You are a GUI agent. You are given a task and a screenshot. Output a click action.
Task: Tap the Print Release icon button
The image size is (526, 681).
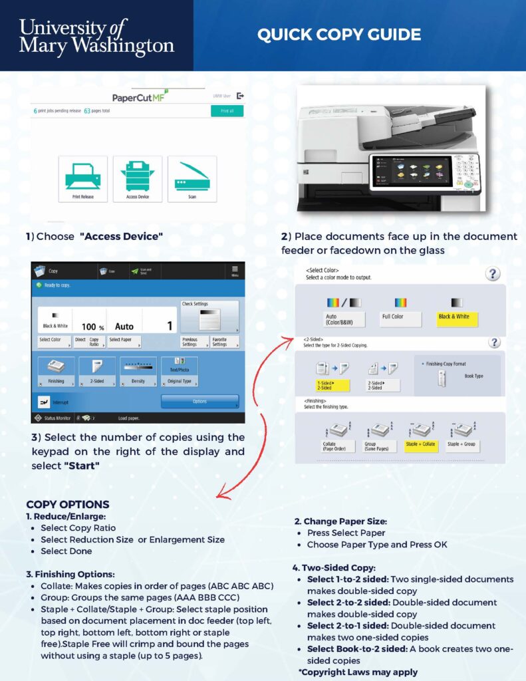82,179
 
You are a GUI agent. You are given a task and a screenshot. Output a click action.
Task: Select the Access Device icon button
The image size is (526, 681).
138,179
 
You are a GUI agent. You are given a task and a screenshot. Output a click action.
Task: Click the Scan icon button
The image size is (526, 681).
192,179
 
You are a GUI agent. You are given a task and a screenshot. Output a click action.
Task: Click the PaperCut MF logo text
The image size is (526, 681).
138,98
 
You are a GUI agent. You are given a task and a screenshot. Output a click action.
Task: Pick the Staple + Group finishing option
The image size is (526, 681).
463,444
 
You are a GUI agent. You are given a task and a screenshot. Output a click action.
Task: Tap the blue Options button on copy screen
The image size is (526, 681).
199,401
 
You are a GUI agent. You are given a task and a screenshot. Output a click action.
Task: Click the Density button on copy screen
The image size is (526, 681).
138,373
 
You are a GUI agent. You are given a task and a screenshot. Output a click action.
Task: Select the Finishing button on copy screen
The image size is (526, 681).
56,373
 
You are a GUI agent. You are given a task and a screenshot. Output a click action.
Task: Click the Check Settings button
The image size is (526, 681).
209,315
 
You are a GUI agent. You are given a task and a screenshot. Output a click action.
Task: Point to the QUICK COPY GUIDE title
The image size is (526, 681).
339,35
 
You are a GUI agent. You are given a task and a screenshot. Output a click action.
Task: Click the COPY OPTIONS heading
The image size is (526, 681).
68,504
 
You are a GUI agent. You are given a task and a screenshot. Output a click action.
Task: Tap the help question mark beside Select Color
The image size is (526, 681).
493,274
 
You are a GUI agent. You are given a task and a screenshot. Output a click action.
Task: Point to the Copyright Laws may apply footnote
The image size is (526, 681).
358,672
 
